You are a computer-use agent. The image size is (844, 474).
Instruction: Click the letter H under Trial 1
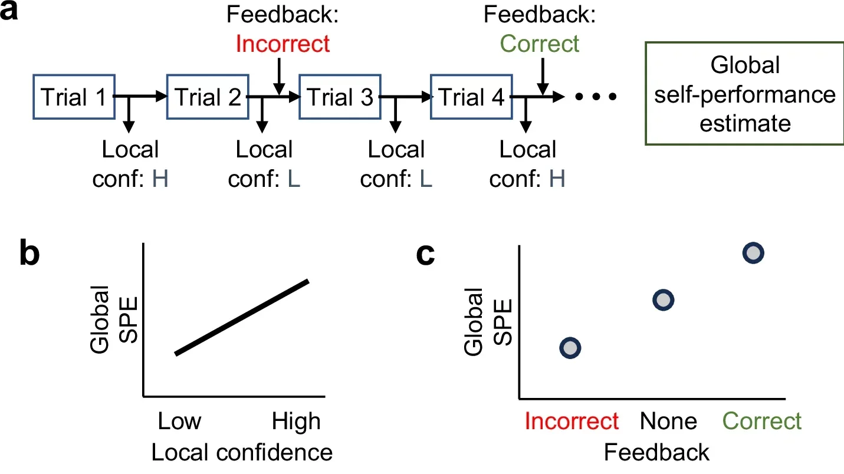pos(160,179)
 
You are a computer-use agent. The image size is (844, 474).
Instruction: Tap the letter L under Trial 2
pos(293,179)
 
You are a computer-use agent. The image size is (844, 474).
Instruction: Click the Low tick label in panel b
pos(179,422)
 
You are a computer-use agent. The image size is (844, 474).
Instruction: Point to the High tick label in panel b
pos(296,422)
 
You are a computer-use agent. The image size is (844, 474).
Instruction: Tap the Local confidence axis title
pos(242,452)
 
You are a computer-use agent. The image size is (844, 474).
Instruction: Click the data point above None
pos(664,300)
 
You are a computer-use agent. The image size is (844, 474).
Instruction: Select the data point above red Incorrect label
pos(570,348)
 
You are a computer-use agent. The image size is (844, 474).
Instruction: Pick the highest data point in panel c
pos(753,254)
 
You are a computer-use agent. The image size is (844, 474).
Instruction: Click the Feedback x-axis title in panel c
pos(656,452)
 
